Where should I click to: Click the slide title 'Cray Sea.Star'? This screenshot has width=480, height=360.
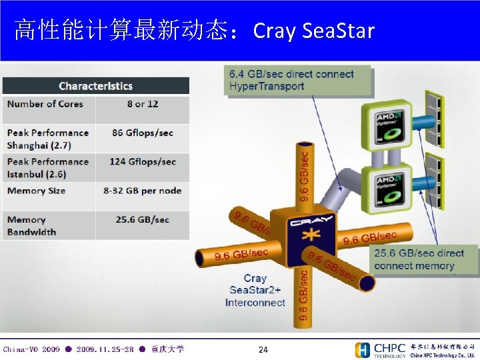point(314,31)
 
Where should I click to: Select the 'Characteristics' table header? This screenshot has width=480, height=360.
point(95,86)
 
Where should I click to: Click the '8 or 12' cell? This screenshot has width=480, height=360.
point(142,104)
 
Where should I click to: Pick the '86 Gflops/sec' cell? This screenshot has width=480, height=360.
point(142,133)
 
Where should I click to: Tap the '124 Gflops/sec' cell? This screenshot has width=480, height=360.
point(142,162)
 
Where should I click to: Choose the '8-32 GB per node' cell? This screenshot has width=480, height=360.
point(142,191)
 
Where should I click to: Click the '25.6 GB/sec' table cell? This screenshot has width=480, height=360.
point(142,219)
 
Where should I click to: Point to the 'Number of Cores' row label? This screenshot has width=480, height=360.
point(45,104)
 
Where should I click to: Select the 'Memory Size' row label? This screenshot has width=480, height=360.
point(36,191)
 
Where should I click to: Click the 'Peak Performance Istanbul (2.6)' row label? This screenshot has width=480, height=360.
point(47,168)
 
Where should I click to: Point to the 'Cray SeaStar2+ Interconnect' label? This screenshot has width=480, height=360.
point(255,291)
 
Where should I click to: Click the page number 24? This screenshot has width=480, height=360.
point(263,350)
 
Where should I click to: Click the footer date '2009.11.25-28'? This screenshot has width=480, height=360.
point(105,349)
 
